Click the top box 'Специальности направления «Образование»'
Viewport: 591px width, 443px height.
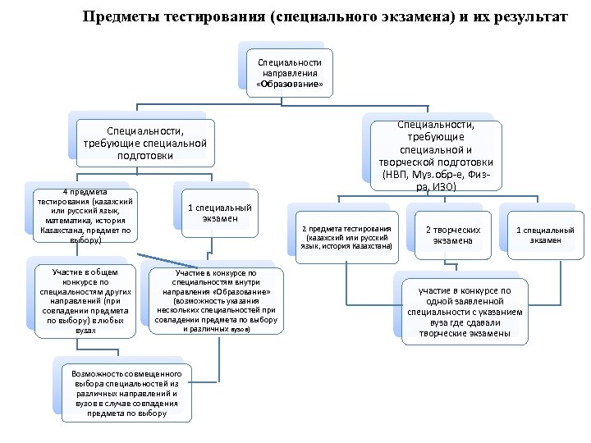point(290,73)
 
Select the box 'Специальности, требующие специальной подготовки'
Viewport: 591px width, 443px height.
point(144,143)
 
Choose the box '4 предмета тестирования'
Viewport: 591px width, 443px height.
point(81,216)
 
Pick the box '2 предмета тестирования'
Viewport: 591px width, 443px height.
point(346,236)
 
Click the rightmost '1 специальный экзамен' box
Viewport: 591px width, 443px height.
point(545,235)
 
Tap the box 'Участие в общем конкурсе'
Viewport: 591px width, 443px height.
point(85,300)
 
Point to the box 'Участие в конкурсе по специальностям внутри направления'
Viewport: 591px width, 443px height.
point(216,300)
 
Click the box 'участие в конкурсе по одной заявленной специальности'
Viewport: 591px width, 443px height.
point(464,312)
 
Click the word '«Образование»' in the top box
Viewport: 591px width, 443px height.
point(290,84)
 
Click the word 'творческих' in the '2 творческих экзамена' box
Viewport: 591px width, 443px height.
point(454,231)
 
